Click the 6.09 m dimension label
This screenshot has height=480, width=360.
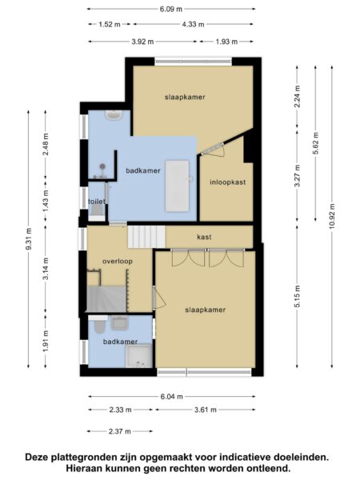coord(171,9)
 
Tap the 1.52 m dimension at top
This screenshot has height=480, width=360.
coord(110,24)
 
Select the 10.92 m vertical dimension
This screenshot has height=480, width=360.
coord(333,216)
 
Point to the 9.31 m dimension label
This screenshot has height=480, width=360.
coord(29,239)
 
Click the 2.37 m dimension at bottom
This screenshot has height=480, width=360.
coord(120,431)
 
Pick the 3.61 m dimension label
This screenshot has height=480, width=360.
coord(206,410)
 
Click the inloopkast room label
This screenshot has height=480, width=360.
coord(228,182)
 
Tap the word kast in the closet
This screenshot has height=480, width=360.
coord(204,237)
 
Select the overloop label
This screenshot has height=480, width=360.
coord(118,261)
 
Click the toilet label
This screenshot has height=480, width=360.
coord(97,202)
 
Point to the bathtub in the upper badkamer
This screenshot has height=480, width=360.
coord(178,186)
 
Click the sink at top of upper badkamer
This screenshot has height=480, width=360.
coord(114,115)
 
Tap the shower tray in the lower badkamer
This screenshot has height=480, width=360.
coord(139,356)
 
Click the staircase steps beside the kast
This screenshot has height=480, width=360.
coord(146,237)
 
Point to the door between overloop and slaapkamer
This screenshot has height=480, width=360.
coord(159,298)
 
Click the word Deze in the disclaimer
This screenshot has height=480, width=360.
coord(37,458)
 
